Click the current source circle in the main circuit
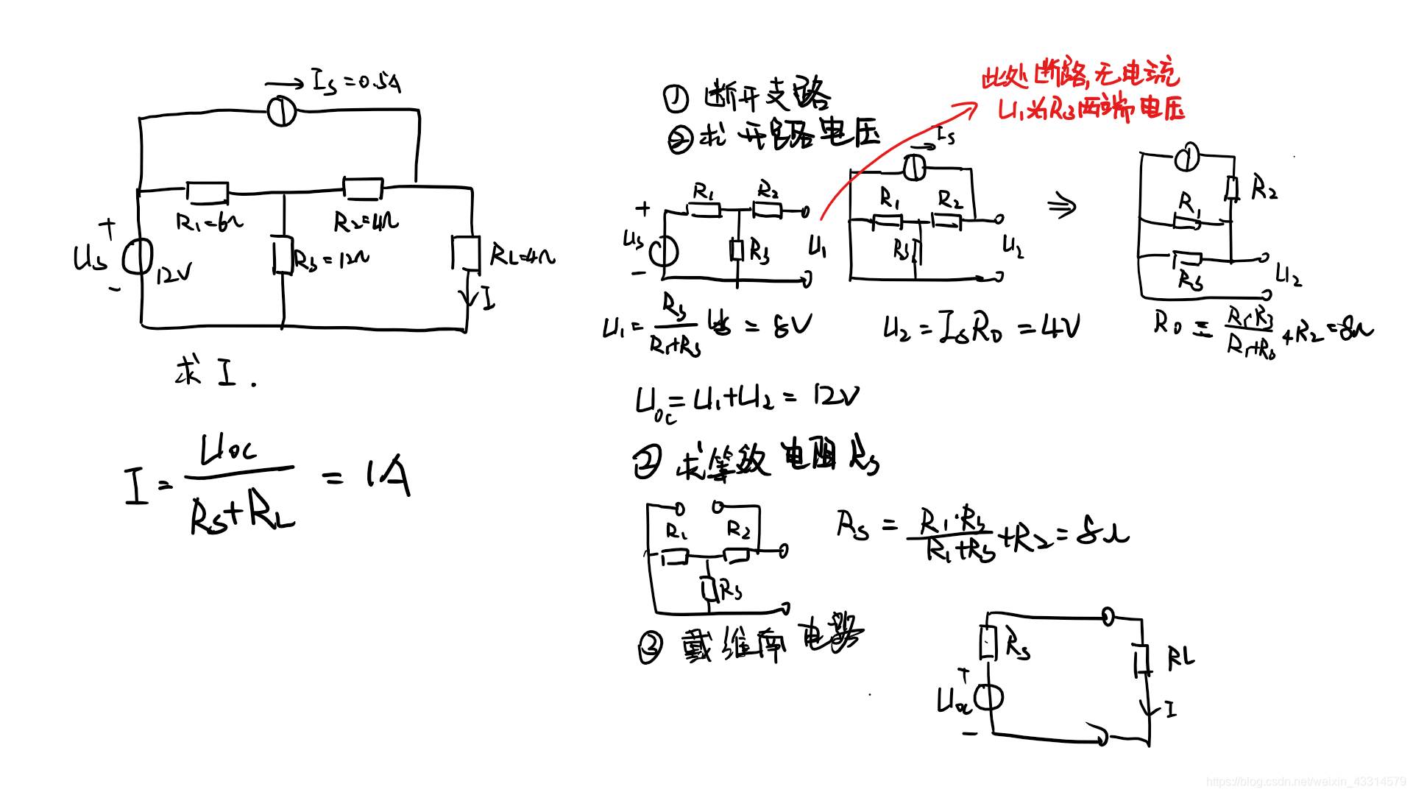tap(281, 112)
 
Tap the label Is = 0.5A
tap(357, 81)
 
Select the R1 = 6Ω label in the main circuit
tap(209, 222)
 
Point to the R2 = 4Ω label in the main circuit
tap(366, 222)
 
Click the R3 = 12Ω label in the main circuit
tap(331, 259)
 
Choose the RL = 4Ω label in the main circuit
tap(523, 256)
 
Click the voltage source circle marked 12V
tap(138, 257)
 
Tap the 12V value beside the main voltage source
tap(174, 275)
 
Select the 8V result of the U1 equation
tap(793, 325)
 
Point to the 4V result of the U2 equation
tap(1060, 326)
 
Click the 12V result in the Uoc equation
tap(836, 397)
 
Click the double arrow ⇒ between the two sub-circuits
tap(1061, 206)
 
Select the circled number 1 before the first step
tap(676, 98)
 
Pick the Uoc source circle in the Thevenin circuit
tap(988, 696)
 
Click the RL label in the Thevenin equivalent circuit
tap(1180, 657)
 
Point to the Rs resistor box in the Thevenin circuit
tap(988, 643)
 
